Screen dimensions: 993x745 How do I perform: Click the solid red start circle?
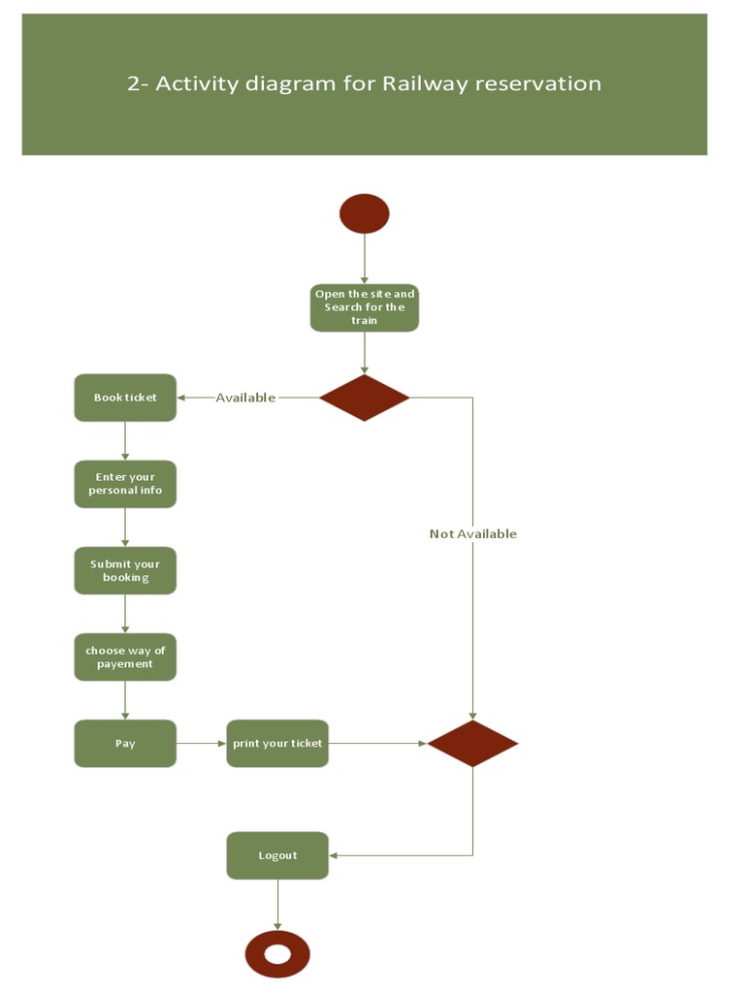point(364,213)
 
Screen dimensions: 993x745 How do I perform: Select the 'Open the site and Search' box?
point(365,307)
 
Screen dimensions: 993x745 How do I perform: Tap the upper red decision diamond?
point(365,398)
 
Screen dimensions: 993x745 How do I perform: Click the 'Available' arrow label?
point(245,398)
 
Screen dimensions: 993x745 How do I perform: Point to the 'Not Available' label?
point(472,533)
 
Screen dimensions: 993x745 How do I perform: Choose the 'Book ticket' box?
point(125,398)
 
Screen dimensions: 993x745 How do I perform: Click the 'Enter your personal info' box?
point(125,484)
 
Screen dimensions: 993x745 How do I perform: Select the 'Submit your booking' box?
point(125,570)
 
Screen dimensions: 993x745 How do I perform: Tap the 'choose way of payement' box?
point(125,657)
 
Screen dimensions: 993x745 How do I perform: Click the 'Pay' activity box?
point(125,744)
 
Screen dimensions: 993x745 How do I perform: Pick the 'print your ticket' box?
point(277,744)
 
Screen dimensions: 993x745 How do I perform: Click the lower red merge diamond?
point(472,744)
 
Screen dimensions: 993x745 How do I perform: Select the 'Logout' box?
point(277,855)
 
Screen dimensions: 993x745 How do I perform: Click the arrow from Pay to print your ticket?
point(202,744)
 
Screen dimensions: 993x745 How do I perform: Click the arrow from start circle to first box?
point(365,258)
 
